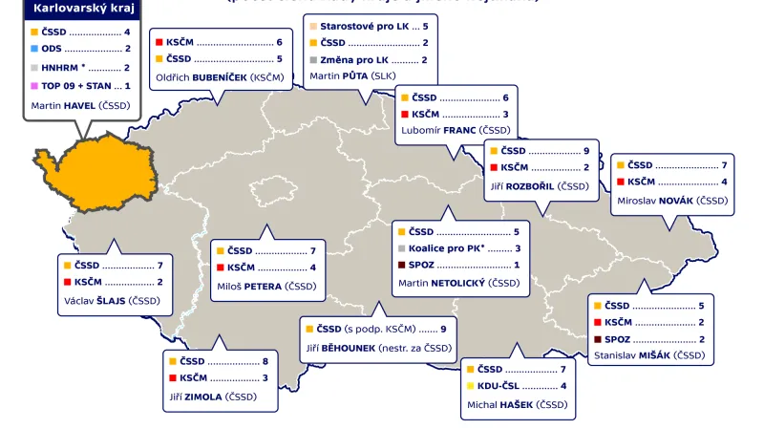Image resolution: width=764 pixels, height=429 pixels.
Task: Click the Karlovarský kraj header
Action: click(80, 10)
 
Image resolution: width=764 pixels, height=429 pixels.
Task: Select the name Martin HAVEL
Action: click(80, 105)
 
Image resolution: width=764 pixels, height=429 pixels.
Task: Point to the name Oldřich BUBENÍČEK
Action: click(219, 76)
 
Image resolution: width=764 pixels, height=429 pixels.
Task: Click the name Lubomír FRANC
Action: click(457, 130)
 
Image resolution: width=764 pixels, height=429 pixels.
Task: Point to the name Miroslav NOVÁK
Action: click(673, 201)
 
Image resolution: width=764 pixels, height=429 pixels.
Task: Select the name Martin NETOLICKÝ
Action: click(459, 283)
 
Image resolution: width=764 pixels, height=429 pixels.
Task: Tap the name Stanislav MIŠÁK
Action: click(649, 355)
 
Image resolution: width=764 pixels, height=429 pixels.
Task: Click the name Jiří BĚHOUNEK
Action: click(378, 348)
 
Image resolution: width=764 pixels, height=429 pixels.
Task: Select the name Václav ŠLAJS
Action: click(111, 300)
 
